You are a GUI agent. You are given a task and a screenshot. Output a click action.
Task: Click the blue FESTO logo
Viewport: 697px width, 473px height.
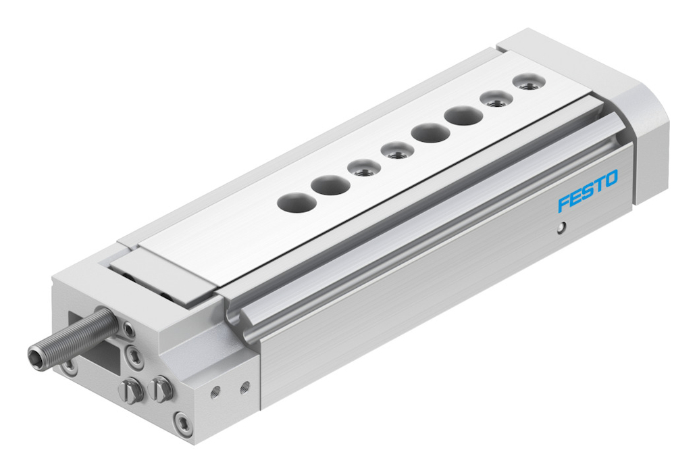588,190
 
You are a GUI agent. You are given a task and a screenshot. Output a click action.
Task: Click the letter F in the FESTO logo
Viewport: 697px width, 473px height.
565,203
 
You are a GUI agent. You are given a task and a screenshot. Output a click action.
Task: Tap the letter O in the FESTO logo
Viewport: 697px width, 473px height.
611,178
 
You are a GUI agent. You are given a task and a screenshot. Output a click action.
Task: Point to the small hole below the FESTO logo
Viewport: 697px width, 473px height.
563,229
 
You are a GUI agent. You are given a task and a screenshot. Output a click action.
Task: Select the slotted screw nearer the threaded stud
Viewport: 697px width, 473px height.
131,390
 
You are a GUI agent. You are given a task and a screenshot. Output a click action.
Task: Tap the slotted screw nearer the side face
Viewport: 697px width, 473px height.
160,389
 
